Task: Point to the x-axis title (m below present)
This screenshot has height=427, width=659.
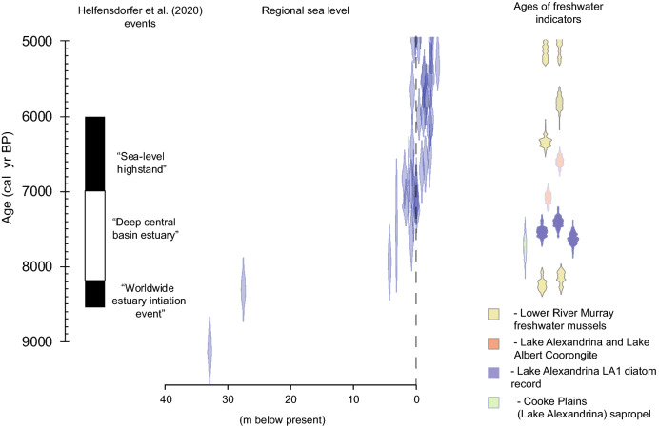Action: coord(290,419)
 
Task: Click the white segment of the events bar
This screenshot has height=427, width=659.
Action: coord(94,236)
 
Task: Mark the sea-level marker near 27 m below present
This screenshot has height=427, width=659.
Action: coord(243,288)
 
